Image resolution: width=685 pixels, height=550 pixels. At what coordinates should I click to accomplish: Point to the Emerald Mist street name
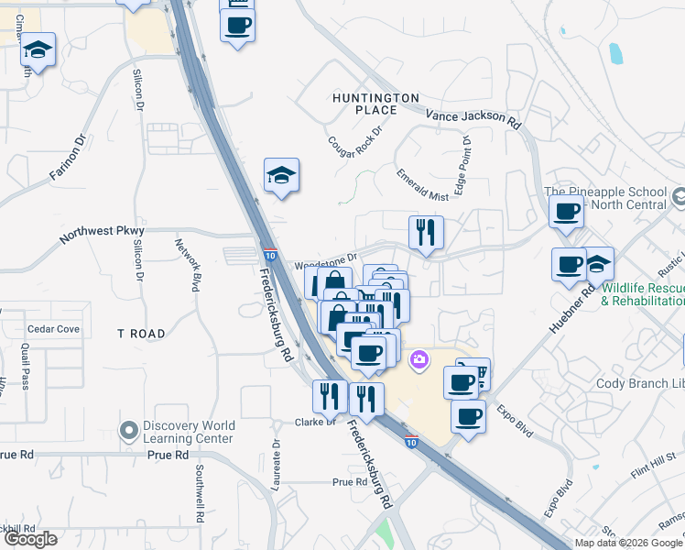(422, 184)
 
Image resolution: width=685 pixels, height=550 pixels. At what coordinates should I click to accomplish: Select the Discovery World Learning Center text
(189, 432)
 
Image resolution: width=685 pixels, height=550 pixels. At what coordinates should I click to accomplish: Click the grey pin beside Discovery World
(128, 429)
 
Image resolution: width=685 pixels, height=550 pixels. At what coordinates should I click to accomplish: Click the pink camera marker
(419, 358)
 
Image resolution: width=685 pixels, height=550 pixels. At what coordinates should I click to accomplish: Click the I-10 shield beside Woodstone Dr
(269, 255)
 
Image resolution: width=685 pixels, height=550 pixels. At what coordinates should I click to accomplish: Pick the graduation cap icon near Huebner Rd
(598, 264)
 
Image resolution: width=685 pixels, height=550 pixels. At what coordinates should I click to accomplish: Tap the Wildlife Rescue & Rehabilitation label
(643, 294)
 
